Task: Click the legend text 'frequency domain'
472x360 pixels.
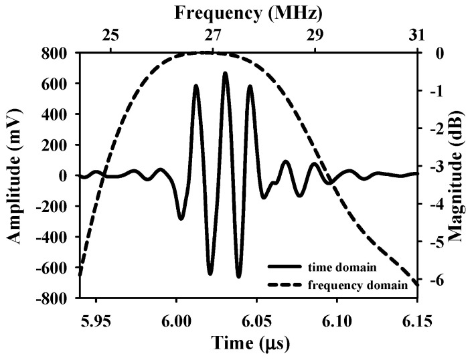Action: click(x=358, y=285)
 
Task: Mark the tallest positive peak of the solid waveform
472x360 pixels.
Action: click(x=225, y=73)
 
